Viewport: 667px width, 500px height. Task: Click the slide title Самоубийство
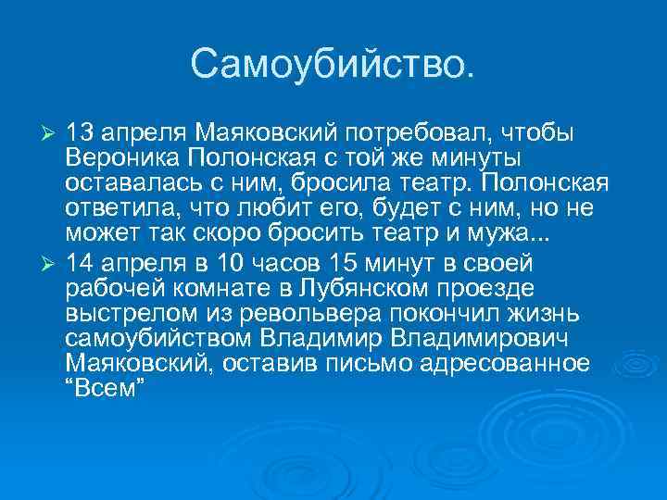[x=333, y=63]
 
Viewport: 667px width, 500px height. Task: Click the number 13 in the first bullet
[x=83, y=131]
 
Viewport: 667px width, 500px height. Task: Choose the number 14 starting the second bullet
[x=83, y=263]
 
